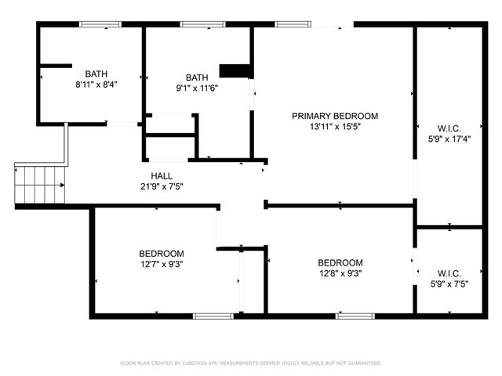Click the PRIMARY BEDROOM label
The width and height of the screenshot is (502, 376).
pyautogui.click(x=335, y=116)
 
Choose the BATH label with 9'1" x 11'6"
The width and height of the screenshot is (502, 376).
pyautogui.click(x=197, y=78)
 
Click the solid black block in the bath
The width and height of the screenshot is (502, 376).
pyautogui.click(x=235, y=71)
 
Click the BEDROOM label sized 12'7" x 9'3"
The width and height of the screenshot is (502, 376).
pyautogui.click(x=162, y=254)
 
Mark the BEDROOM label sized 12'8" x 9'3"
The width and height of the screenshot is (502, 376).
pyautogui.click(x=340, y=263)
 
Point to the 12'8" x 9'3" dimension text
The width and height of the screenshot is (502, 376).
pyautogui.click(x=340, y=273)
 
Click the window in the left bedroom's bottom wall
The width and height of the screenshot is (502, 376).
pyautogui.click(x=208, y=316)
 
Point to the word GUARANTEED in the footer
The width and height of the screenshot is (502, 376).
pyautogui.click(x=364, y=363)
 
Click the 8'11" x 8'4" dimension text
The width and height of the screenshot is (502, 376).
pyautogui.click(x=96, y=83)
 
